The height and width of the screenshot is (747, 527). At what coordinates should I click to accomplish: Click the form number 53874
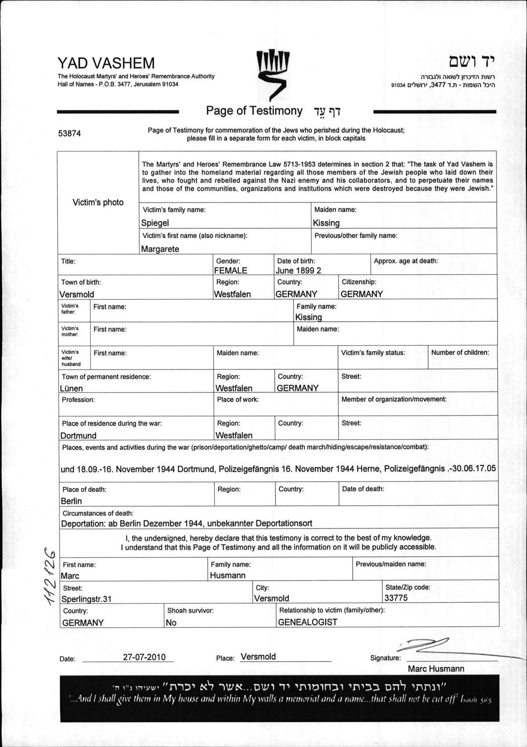69,134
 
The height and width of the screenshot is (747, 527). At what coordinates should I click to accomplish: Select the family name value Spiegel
155,223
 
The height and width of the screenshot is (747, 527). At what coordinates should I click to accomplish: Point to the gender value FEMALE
231,271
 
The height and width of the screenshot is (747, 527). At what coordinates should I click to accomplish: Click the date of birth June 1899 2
298,271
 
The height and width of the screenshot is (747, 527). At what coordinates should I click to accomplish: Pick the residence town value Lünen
71,388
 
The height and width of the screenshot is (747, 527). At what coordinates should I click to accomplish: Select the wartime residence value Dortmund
78,436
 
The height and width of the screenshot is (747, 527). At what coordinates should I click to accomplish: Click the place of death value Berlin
71,501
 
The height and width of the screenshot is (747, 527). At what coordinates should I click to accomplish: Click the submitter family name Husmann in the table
227,575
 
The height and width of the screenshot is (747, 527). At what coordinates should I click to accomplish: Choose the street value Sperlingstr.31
87,599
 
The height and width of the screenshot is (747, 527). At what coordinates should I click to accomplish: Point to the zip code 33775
396,598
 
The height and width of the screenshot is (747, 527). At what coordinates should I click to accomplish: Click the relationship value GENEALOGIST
307,622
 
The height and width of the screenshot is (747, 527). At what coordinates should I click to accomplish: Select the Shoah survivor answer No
171,622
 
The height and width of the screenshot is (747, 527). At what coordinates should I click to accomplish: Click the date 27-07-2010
144,657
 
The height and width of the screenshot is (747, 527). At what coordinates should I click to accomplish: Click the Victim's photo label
98,202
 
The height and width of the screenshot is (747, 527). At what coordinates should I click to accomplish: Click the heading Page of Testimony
254,111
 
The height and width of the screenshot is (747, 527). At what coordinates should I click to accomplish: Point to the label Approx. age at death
405,261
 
